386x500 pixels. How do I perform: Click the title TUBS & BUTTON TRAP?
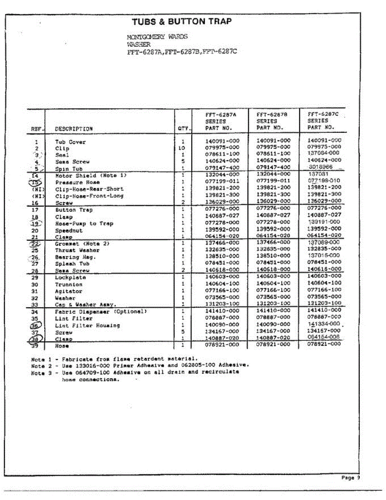(182, 22)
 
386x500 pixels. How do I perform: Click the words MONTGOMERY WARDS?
(157, 37)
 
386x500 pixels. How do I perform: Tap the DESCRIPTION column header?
(74, 129)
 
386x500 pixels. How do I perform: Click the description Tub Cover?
(70, 142)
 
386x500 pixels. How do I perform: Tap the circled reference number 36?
(36, 326)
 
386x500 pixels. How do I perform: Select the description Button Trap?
(74, 210)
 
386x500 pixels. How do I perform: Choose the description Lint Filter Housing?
(87, 326)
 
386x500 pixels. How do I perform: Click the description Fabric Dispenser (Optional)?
(101, 312)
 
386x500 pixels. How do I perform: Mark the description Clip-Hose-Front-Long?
(89, 196)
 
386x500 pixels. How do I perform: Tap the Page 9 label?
(348, 478)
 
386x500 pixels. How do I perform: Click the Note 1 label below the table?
(40, 358)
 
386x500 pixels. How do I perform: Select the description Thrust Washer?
(77, 250)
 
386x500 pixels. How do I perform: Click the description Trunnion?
(69, 285)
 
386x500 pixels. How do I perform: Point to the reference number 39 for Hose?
(35, 346)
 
